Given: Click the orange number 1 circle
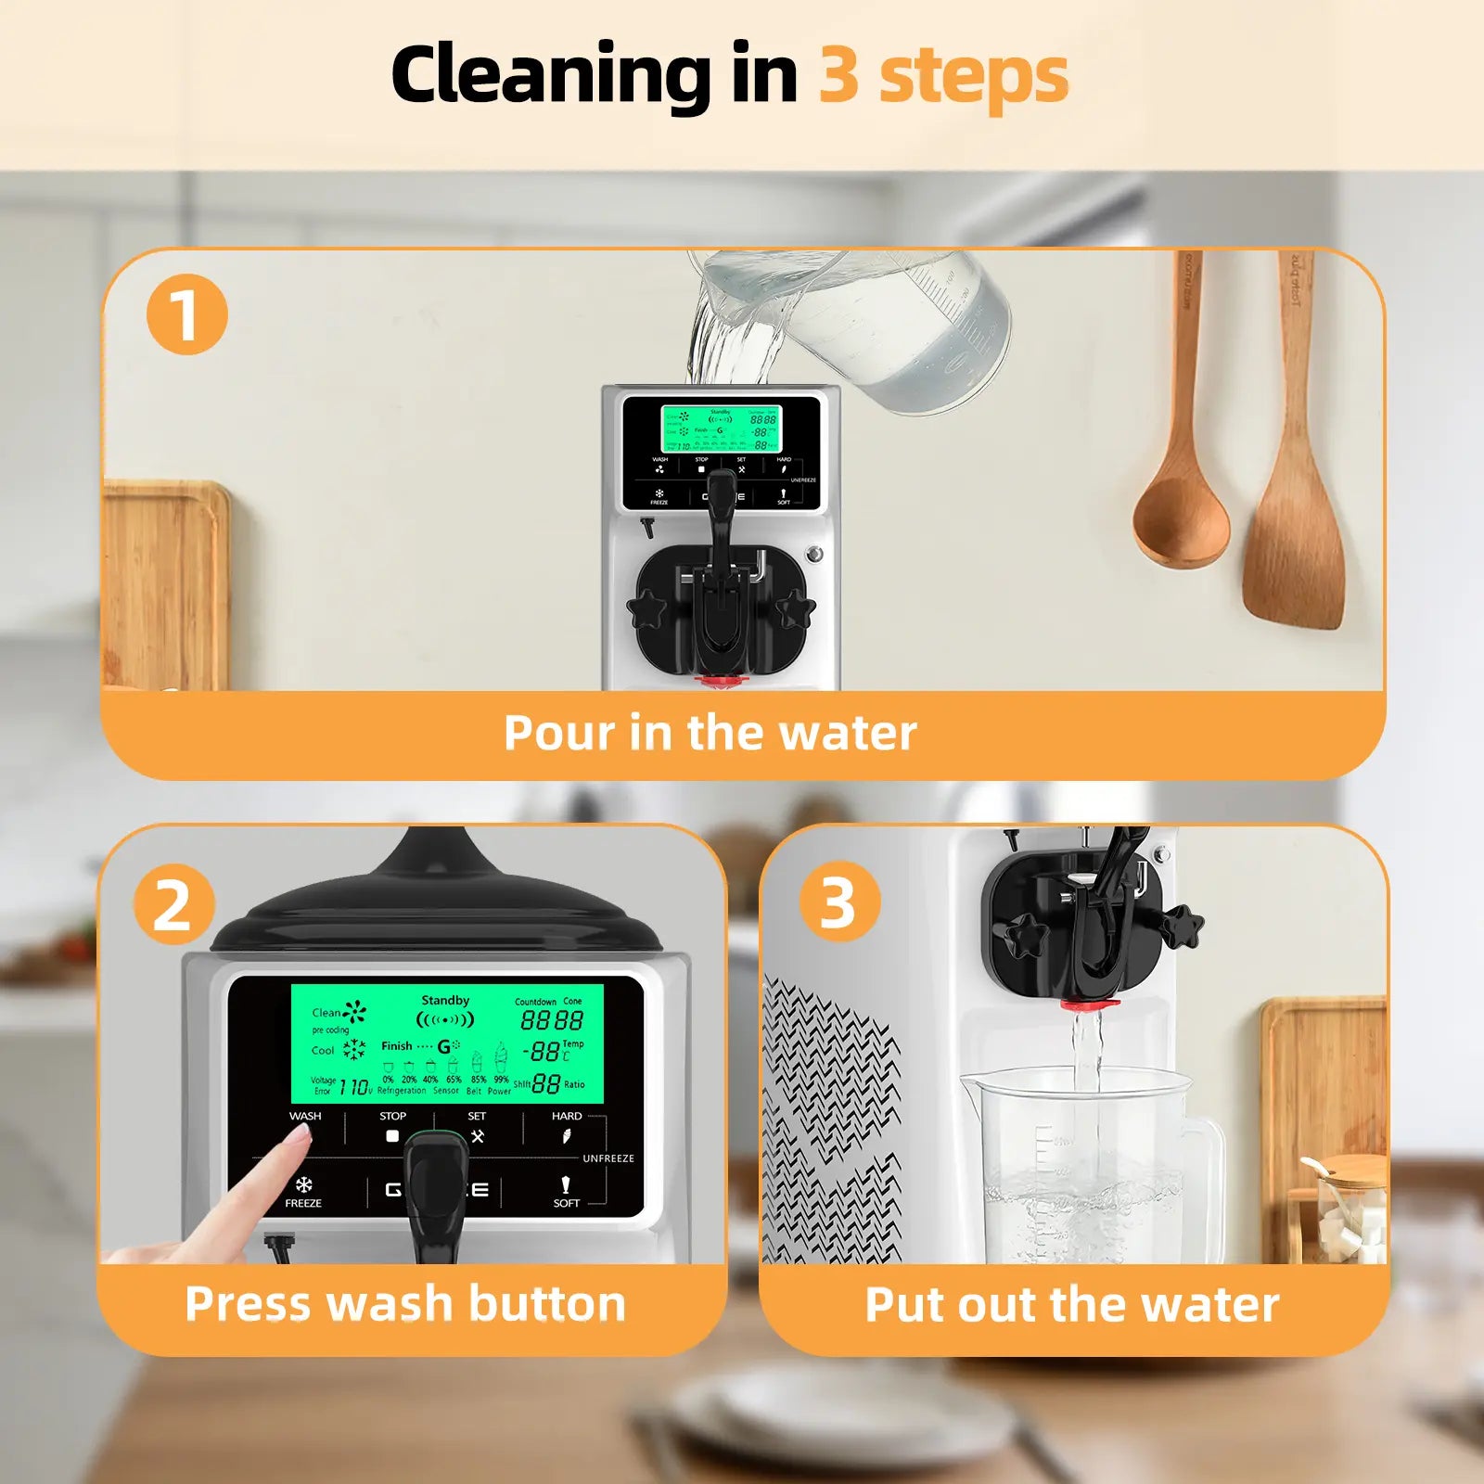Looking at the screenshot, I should coord(186,314).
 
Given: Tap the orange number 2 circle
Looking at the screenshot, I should coord(173,903).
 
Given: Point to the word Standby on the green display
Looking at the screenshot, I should coord(445,1000).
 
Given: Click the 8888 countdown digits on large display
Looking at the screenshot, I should coord(552,1021).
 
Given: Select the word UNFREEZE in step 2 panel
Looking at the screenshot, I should coord(608,1158).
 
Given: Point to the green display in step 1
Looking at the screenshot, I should coord(721,429).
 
